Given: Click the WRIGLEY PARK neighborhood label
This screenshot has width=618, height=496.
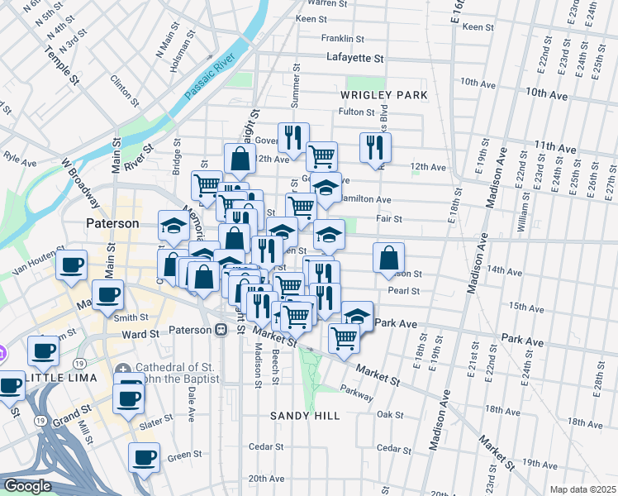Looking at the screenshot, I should tap(384, 95).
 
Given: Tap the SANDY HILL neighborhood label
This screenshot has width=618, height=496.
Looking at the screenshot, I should tap(304, 416).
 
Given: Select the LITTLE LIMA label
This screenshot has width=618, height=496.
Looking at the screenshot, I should tap(60, 377).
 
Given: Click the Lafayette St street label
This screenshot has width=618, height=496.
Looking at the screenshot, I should tap(355, 59).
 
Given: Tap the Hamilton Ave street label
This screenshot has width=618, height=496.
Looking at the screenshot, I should tap(366, 199).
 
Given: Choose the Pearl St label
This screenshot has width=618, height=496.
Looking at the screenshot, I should tap(404, 291).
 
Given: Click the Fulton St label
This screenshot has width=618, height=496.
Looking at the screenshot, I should tap(357, 112).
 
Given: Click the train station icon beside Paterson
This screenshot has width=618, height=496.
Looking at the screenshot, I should tap(221, 331).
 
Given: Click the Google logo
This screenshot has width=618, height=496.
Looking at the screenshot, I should tap(26, 486).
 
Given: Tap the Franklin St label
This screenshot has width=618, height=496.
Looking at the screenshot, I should tap(343, 38).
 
